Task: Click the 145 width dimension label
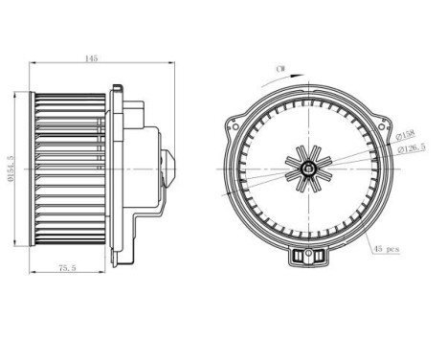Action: click(x=91, y=58)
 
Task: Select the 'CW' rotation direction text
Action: click(x=279, y=69)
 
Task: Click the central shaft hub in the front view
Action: click(x=309, y=169)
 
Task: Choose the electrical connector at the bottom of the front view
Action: click(x=309, y=257)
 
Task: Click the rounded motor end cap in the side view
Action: click(x=170, y=168)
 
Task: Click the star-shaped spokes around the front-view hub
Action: click(x=309, y=158)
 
